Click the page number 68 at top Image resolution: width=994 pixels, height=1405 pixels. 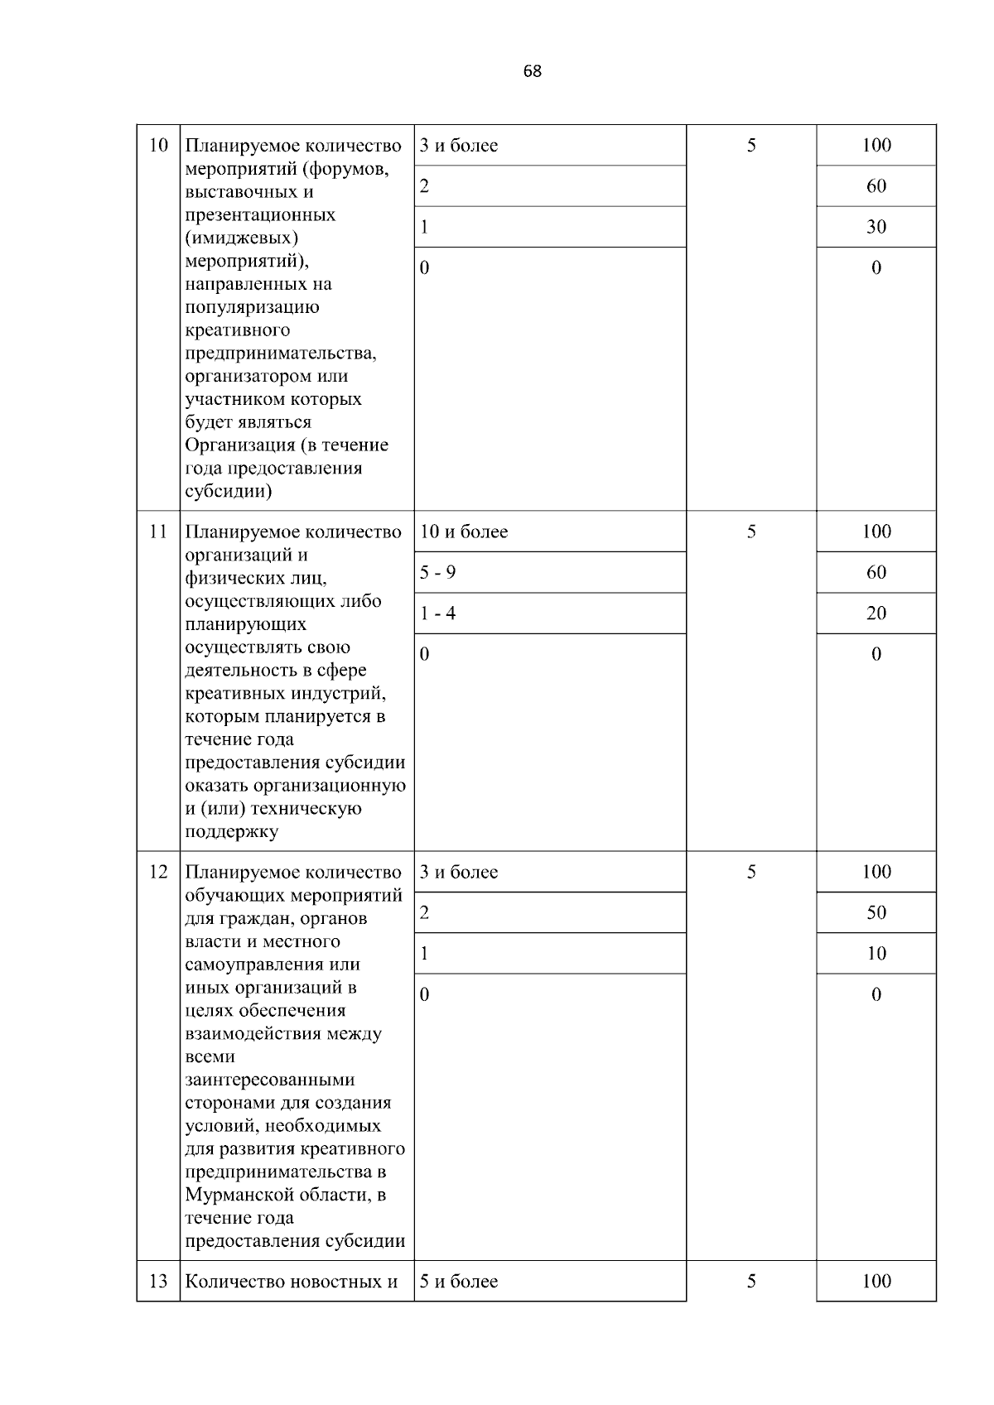(533, 71)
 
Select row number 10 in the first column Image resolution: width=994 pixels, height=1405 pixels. (158, 146)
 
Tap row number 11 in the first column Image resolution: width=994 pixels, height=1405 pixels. (158, 532)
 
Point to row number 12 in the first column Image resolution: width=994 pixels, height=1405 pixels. (158, 872)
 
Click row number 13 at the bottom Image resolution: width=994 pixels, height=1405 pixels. (158, 1281)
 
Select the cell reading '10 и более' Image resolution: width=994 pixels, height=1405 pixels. (464, 532)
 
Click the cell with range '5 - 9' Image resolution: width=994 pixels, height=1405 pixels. (438, 572)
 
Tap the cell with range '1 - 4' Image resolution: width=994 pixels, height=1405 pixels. (438, 613)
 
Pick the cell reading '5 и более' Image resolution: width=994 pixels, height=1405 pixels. (459, 1281)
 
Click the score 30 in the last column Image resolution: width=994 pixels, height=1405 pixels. (876, 227)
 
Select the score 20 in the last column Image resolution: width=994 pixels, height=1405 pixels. (876, 613)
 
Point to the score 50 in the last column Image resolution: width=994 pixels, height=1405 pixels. (876, 912)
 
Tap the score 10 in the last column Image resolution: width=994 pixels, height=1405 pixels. (876, 953)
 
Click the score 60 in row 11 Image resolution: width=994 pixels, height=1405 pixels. (876, 572)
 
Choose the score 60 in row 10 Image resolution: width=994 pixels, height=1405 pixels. (876, 186)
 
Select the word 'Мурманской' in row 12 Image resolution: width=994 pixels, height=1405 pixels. (237, 1195)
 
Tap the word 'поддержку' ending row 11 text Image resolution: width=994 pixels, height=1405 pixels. (231, 831)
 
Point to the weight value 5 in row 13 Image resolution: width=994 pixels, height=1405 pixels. (750, 1281)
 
